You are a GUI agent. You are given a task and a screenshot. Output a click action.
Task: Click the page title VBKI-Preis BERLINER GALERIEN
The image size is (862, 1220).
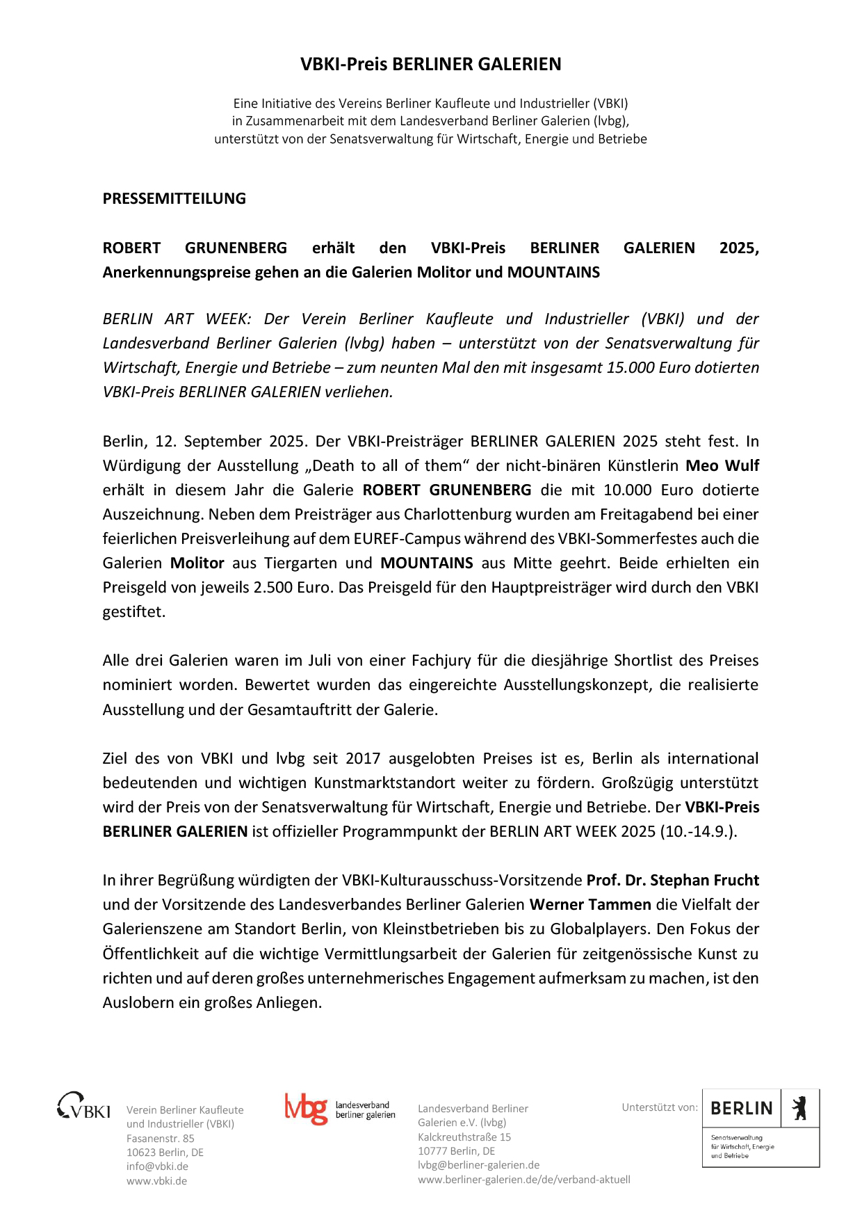coord(430,64)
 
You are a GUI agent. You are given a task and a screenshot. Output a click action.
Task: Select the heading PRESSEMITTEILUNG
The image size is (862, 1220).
coord(174,198)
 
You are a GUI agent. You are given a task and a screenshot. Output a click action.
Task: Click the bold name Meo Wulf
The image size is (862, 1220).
coord(722,465)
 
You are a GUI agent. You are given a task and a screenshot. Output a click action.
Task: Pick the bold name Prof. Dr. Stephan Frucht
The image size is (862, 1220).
coord(672,880)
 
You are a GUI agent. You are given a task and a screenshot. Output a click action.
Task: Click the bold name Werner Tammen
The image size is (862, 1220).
coord(590,904)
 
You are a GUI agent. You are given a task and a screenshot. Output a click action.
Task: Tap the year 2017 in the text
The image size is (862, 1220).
coord(363,758)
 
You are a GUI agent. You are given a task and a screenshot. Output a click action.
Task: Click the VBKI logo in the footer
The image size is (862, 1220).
coord(83,1106)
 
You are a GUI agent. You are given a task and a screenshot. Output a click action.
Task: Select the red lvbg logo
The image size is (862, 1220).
coord(306,1109)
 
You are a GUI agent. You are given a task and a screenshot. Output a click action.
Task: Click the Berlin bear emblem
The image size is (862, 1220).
coord(800,1107)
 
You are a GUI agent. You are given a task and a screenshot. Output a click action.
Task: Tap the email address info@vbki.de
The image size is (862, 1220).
coord(157,1166)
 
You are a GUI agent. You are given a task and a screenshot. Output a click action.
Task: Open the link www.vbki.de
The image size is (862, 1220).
coord(156,1181)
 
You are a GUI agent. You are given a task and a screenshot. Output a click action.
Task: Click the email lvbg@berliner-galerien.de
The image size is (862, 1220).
coord(478,1165)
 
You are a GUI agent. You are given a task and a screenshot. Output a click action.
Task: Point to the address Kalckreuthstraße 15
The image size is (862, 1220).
coord(464,1137)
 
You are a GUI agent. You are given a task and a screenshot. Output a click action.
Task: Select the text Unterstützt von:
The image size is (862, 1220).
coord(660,1107)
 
